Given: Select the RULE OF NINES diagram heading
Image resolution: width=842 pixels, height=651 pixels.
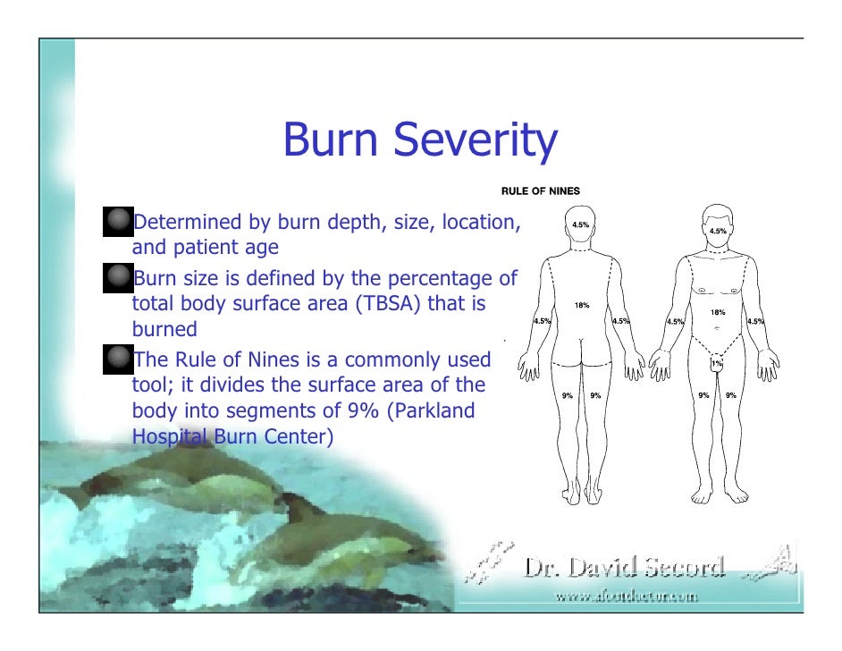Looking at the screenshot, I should [x=541, y=190].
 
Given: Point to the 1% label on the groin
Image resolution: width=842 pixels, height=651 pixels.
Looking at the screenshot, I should [x=717, y=364].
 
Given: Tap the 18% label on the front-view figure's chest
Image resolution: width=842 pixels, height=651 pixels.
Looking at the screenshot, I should [x=717, y=312].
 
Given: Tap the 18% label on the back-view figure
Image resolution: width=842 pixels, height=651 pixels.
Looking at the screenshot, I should [x=582, y=306].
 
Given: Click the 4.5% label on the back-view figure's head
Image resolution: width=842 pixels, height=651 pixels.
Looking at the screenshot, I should [x=580, y=224].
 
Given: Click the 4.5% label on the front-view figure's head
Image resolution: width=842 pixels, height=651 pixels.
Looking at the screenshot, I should [x=718, y=231].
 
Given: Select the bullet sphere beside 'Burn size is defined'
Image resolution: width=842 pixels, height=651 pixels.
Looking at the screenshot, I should [x=117, y=277].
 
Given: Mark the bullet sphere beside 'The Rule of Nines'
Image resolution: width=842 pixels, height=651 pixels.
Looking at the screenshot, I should [x=117, y=359].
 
